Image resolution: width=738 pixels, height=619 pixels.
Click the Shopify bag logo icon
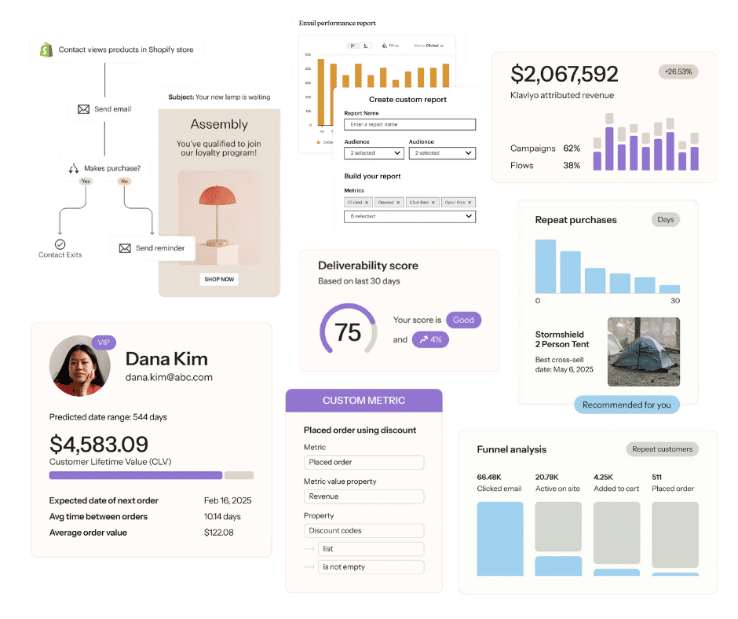(46, 49)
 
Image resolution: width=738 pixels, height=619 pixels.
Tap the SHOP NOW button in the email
(219, 279)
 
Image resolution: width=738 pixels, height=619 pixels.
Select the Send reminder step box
(152, 248)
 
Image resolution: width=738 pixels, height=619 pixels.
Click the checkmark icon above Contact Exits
(60, 244)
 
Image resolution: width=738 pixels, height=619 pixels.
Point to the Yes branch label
(86, 181)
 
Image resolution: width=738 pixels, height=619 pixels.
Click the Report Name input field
(410, 124)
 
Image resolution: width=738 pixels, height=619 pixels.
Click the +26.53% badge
(678, 72)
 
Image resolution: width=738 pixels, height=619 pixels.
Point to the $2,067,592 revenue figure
(564, 74)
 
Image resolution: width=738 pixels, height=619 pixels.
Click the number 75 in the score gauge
(349, 331)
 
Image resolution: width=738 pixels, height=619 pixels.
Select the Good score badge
(463, 320)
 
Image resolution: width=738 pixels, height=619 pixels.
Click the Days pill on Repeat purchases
(666, 219)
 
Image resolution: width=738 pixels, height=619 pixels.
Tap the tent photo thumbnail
(643, 351)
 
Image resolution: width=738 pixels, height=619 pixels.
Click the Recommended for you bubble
(627, 405)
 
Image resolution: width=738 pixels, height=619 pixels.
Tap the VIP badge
(104, 342)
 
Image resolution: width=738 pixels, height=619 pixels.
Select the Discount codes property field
(364, 530)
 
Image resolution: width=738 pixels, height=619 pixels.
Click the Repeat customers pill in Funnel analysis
(662, 449)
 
